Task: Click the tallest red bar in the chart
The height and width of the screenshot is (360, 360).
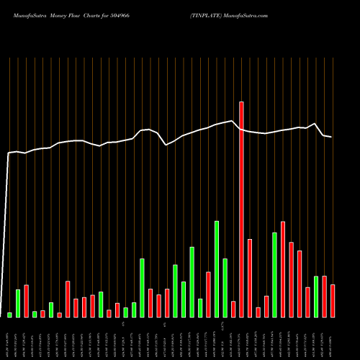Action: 241,209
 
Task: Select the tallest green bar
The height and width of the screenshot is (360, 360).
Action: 217,269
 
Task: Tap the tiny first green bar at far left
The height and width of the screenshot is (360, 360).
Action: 9,315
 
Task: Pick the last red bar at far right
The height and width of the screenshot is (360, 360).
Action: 333,301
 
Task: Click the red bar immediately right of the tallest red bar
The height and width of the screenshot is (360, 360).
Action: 250,278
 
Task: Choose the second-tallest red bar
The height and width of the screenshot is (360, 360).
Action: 283,269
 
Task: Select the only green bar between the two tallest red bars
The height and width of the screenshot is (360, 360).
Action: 274,274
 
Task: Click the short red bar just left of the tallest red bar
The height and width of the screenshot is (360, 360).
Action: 233,309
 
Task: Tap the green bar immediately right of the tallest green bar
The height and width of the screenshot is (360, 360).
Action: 225,287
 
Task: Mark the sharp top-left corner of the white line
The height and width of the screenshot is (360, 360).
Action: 9,153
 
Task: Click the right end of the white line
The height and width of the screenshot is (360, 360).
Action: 331,137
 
